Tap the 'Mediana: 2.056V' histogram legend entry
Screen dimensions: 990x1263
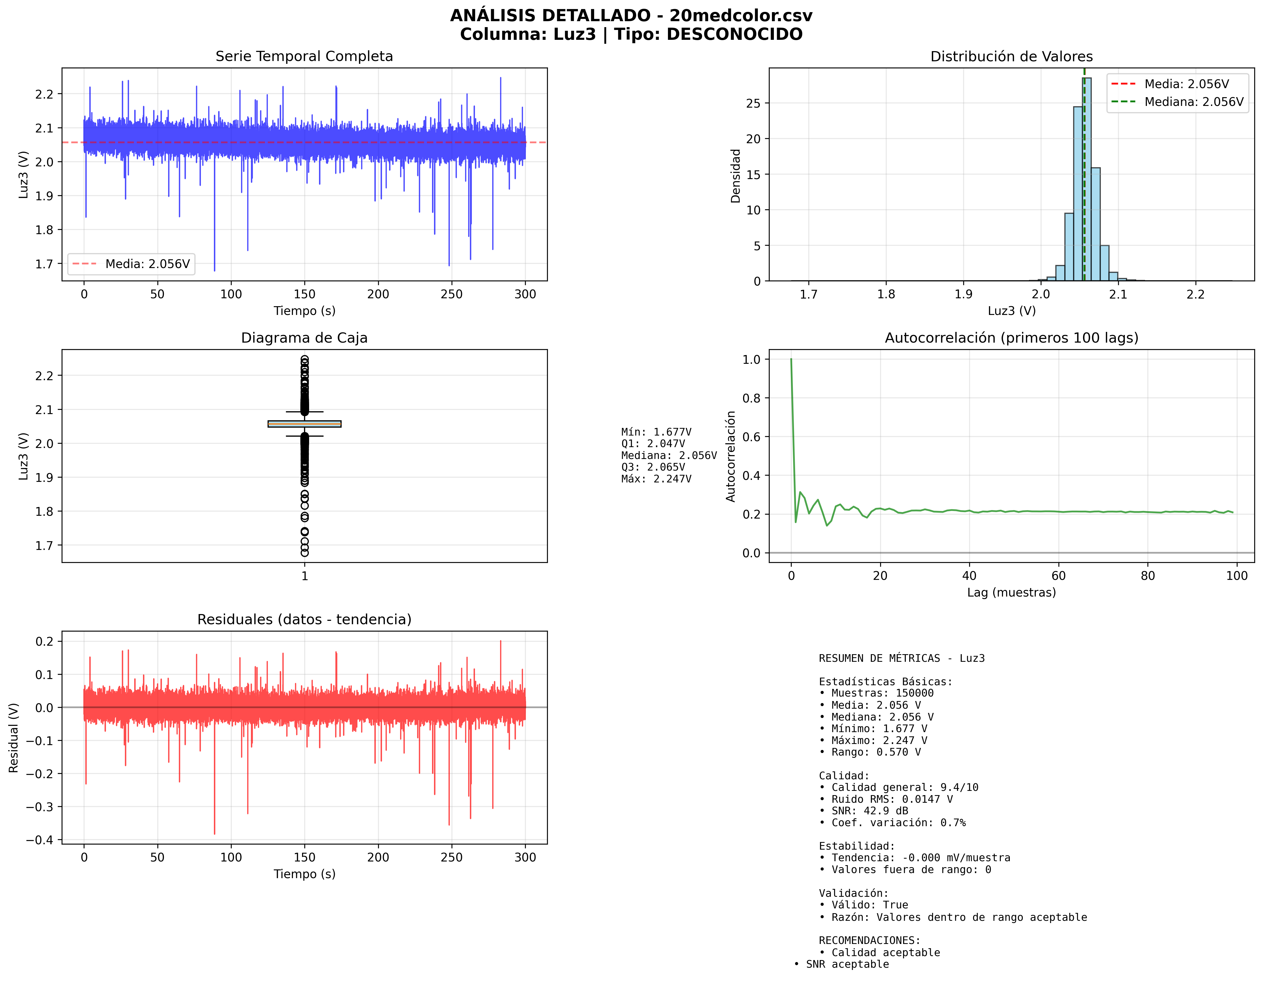coord(1193,102)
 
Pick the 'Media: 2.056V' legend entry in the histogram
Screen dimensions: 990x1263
coord(1186,84)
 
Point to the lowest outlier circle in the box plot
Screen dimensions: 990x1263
coord(304,552)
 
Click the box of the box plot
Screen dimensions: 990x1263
coord(304,424)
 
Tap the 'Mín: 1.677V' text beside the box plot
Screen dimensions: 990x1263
coord(656,432)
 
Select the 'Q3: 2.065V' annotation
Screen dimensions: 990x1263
coord(653,467)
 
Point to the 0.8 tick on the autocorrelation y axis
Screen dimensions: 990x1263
coord(752,398)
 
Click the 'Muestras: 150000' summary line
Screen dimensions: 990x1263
coord(882,693)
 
